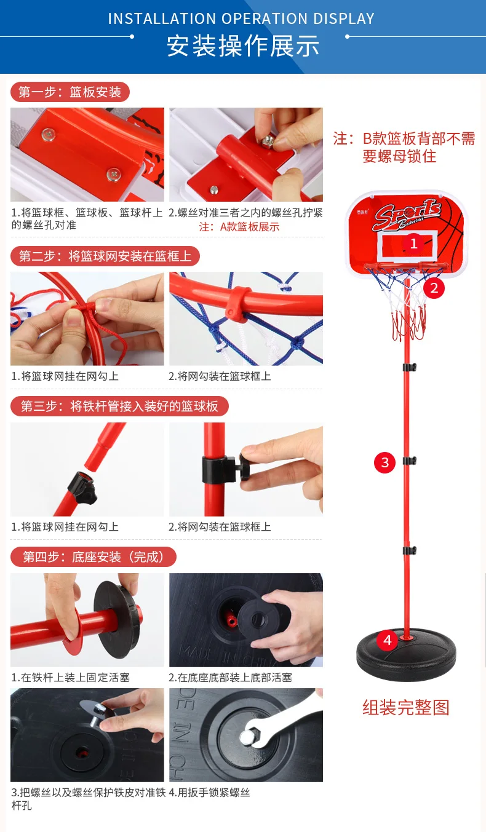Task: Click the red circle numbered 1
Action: [x=413, y=244]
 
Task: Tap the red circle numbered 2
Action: [x=434, y=288]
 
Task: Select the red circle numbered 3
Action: [x=384, y=462]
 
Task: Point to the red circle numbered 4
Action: [x=387, y=640]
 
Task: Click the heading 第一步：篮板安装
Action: [x=70, y=92]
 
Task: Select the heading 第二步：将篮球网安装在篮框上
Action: [x=105, y=256]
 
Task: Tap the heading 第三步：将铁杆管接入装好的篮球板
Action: [x=119, y=406]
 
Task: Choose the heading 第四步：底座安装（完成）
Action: [x=94, y=557]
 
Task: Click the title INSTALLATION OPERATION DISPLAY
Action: [x=241, y=18]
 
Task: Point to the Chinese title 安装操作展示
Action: [x=243, y=46]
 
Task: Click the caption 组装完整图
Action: [x=406, y=708]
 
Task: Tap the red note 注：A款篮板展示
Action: [x=239, y=226]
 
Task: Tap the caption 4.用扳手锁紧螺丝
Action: [x=210, y=793]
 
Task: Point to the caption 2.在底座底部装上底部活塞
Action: [x=230, y=678]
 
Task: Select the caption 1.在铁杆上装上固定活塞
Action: [x=71, y=678]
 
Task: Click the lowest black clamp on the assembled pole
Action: [x=410, y=550]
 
